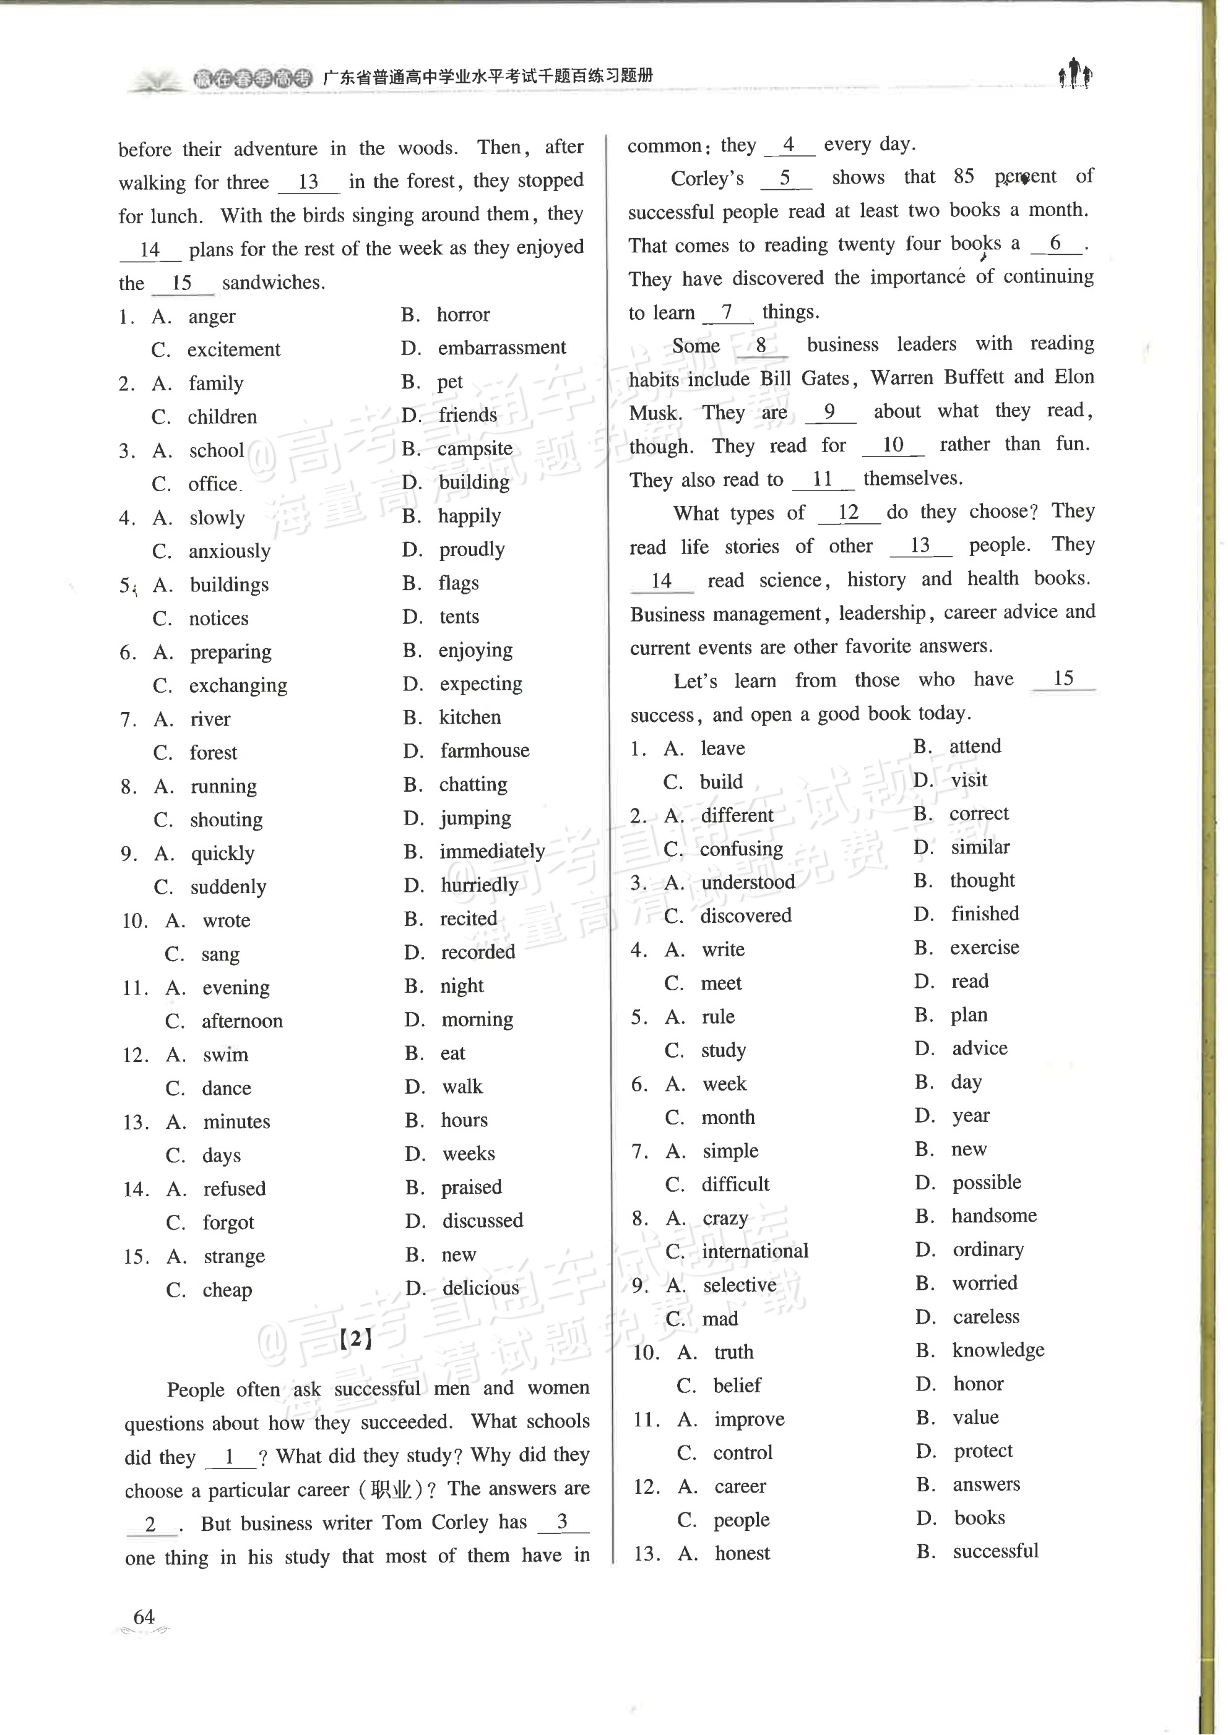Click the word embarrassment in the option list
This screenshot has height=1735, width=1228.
click(x=501, y=348)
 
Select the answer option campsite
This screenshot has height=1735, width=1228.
click(x=475, y=449)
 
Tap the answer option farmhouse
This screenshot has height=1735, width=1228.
click(x=485, y=750)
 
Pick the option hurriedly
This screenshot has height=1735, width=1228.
click(x=480, y=885)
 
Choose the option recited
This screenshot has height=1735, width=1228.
click(x=469, y=919)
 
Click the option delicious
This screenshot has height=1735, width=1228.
click(x=481, y=1288)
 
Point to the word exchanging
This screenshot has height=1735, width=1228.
click(x=238, y=685)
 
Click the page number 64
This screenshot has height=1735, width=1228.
click(x=144, y=1616)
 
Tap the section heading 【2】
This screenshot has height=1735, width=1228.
click(x=355, y=1339)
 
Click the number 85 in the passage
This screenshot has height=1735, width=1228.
click(x=963, y=177)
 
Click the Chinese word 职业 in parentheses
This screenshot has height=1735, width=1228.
click(x=391, y=1489)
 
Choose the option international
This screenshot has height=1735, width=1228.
click(x=755, y=1251)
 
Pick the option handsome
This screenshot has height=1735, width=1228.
click(x=993, y=1216)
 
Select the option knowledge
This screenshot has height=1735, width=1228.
click(x=998, y=1350)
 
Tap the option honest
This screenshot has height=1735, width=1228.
click(x=742, y=1553)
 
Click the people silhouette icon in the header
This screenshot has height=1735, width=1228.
click(x=1074, y=74)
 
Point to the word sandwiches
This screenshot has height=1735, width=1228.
click(x=273, y=283)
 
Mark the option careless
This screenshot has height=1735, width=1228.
click(x=985, y=1317)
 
